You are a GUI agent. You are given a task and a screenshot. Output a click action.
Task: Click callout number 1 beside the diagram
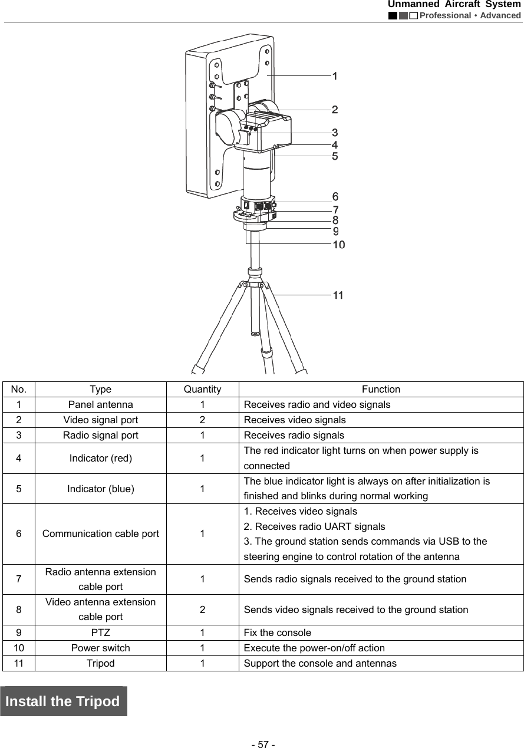click(334, 76)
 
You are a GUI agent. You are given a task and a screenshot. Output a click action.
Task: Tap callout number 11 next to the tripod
click(338, 295)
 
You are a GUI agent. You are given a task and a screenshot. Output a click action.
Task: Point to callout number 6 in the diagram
click(335, 196)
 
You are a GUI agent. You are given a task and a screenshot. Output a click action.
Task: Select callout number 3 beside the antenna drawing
click(334, 133)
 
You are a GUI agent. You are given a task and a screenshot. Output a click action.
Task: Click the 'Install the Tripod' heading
click(63, 701)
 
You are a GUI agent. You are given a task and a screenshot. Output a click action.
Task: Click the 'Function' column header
click(381, 389)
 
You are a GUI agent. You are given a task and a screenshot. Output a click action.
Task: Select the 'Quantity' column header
click(202, 389)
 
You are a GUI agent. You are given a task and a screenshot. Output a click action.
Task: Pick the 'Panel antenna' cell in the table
click(100, 404)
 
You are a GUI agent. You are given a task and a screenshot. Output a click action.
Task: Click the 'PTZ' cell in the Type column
click(100, 632)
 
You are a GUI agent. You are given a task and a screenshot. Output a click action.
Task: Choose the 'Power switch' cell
click(100, 648)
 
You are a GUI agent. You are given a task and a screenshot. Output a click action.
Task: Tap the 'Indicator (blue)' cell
click(100, 489)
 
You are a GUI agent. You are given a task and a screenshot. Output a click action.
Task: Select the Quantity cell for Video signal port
click(202, 420)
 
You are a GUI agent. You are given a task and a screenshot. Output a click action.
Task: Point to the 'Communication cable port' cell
click(100, 533)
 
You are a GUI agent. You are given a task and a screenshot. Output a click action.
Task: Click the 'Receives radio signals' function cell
click(294, 435)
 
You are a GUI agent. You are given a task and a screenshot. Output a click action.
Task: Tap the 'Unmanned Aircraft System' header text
click(454, 5)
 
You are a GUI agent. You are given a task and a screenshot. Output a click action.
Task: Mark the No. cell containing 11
click(19, 663)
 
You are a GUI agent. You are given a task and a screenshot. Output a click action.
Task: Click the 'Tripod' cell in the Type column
click(100, 663)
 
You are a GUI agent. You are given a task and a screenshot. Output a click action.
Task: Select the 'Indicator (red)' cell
click(100, 458)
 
